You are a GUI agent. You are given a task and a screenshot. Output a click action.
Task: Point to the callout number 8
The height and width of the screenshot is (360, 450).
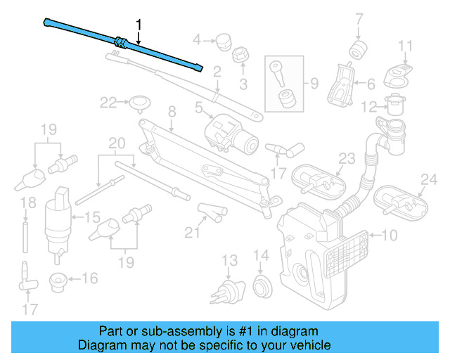tap(171, 111)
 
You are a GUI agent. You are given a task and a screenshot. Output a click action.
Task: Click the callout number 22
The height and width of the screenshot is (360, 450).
tap(108, 103)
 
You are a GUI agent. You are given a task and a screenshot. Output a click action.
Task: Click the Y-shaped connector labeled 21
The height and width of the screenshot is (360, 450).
tap(210, 210)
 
